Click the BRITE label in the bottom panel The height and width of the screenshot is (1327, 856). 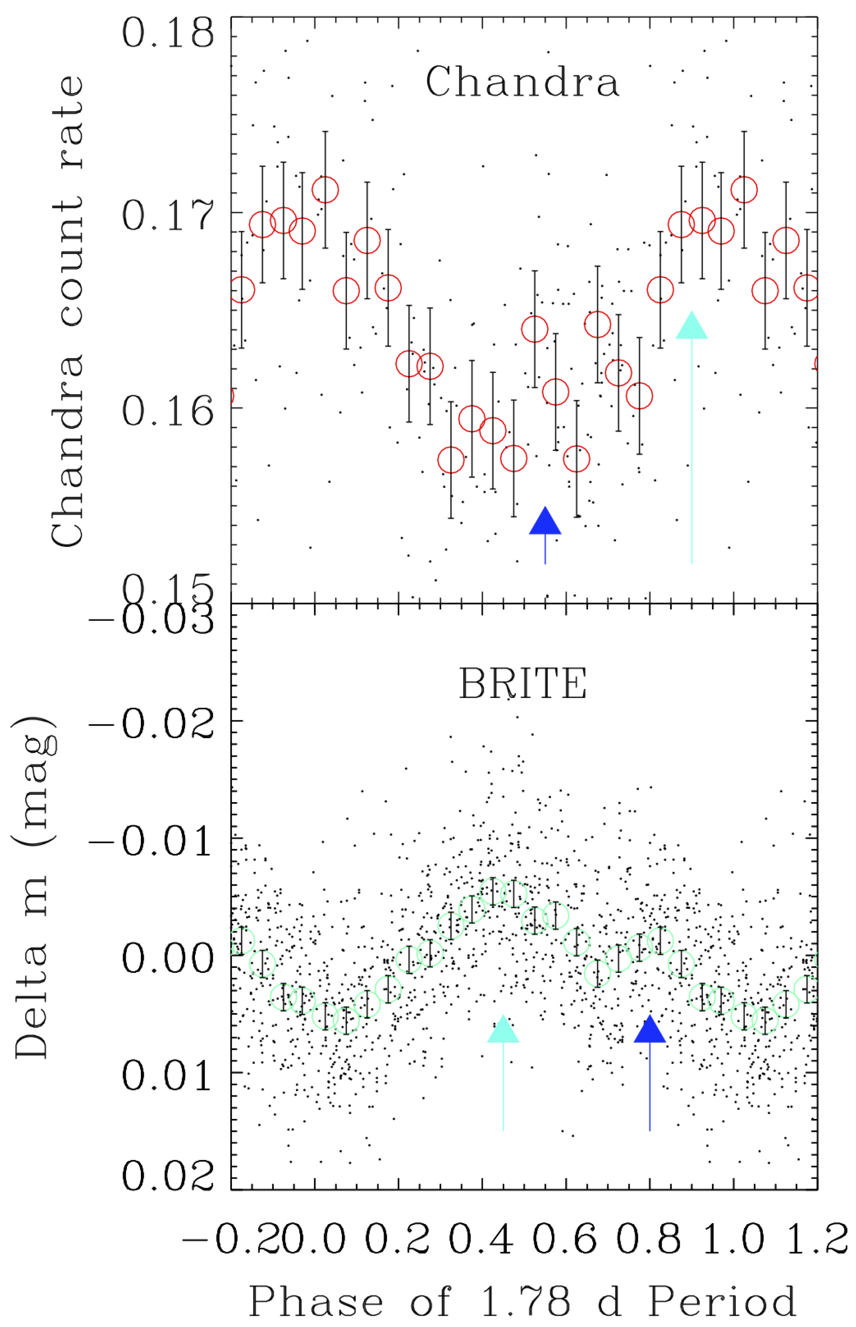pos(523,683)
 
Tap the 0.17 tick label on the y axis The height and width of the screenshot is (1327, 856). pos(167,215)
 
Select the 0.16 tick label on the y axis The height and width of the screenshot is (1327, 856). pos(167,411)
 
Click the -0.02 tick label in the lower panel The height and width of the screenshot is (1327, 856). pos(151,723)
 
